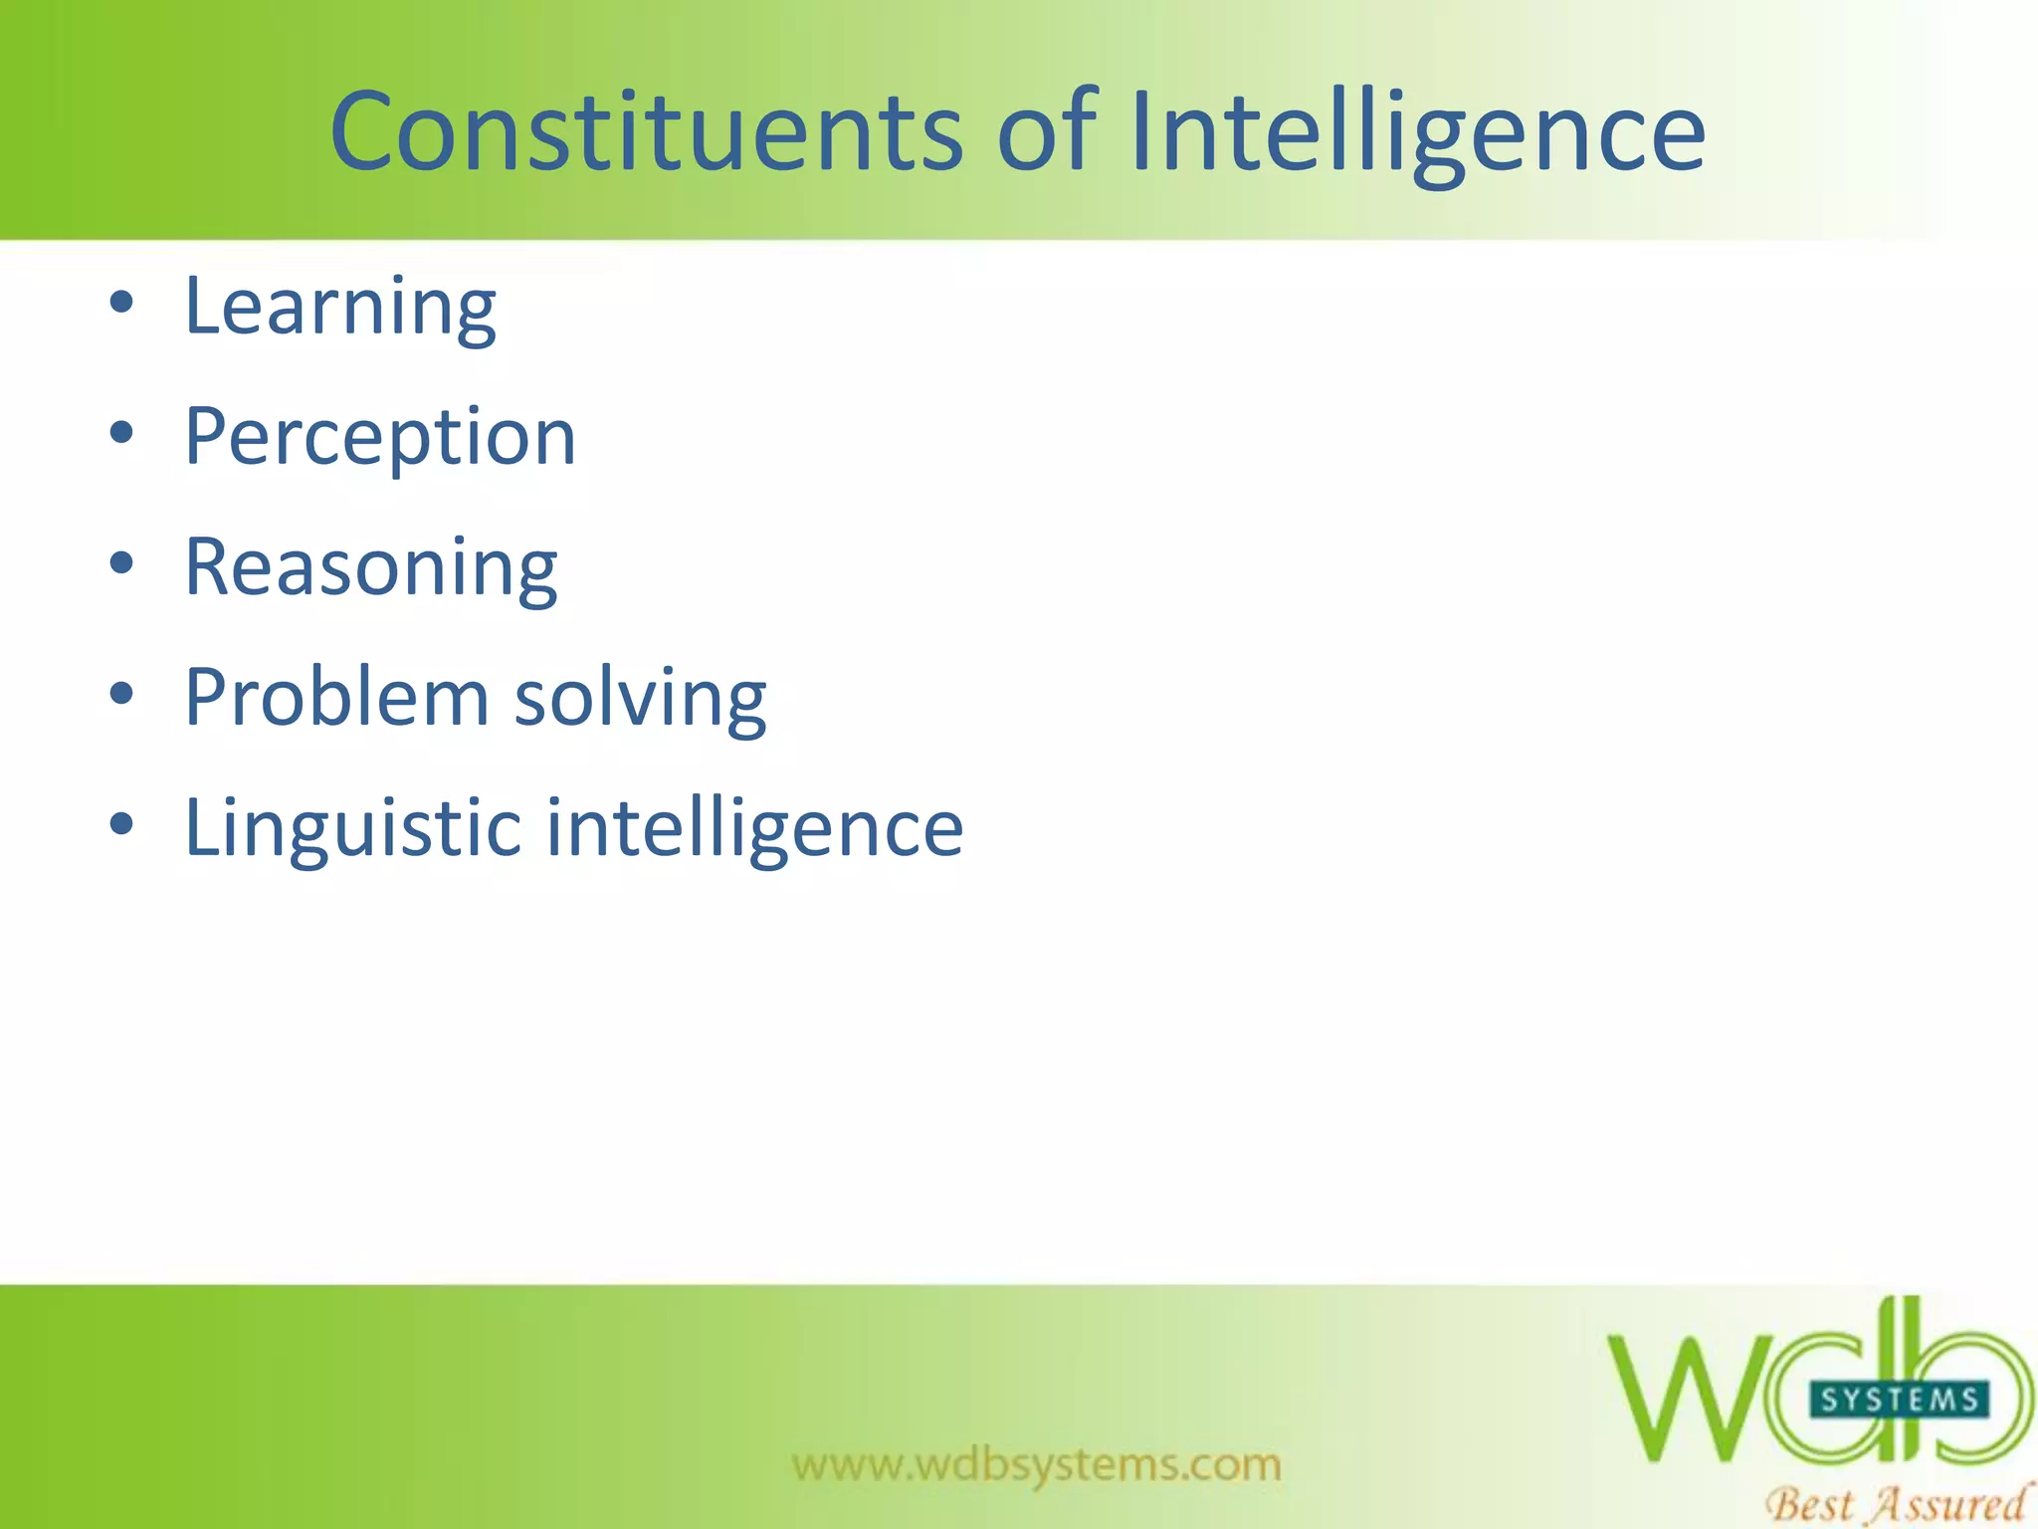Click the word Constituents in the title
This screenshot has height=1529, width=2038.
pos(647,131)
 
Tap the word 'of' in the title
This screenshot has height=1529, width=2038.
pos(1046,131)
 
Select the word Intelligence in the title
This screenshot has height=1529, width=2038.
pos(1418,134)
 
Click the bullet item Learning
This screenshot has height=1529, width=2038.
pos(340,308)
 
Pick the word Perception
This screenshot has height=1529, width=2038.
pos(380,439)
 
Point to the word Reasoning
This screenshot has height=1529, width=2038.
pos(371,569)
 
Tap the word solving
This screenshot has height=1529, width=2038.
pos(641,700)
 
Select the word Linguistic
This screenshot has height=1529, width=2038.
pos(353,828)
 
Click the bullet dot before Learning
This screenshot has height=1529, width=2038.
pos(121,303)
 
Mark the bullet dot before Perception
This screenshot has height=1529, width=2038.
pos(121,433)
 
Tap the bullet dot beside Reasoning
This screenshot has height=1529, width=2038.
pos(121,563)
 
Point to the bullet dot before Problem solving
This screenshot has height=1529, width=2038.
pos(121,694)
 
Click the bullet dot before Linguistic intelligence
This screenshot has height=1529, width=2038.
pos(121,824)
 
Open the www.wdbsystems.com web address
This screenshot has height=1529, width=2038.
pos(1037,1464)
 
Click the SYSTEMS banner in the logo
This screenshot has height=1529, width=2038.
pos(1899,1400)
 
